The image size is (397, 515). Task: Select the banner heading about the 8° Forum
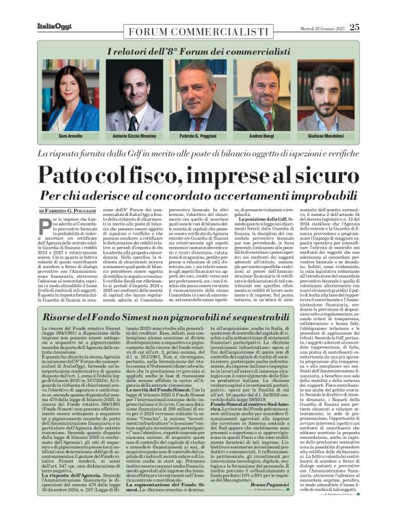click(198, 51)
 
